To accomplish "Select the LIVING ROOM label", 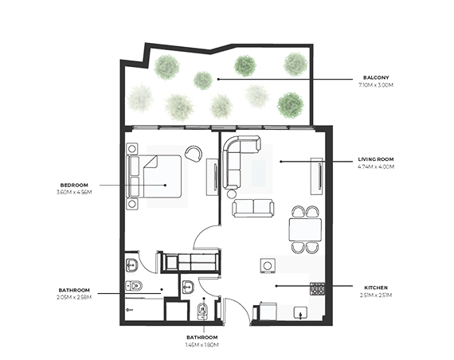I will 376,161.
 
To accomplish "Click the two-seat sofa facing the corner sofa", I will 253,208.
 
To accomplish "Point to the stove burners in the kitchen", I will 318,290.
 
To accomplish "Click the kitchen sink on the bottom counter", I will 301,313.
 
